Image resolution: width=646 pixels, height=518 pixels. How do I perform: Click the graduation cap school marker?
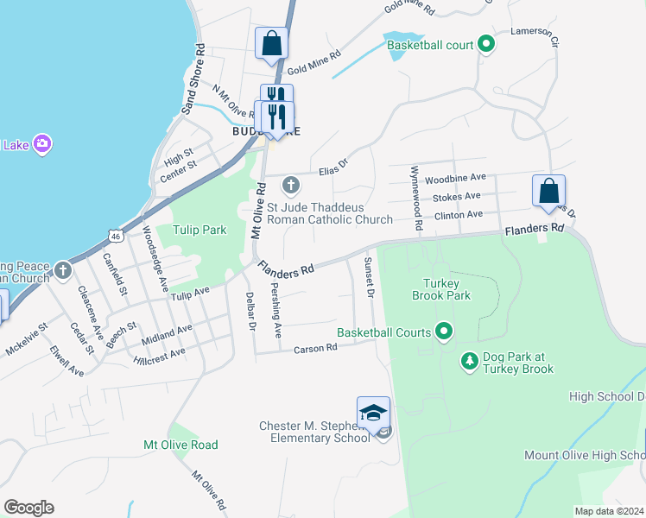pos(373,414)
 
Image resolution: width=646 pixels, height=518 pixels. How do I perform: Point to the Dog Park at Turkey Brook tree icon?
pos(469,359)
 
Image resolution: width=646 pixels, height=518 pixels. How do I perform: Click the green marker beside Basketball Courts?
pos(445,332)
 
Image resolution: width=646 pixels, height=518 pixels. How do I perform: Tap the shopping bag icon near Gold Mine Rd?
pos(271,43)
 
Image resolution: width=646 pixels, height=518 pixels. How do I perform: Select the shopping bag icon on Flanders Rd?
pos(548,191)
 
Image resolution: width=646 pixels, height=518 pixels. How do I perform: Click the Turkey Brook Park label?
pos(446,288)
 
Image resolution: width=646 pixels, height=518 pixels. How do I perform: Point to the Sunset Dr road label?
pos(369,277)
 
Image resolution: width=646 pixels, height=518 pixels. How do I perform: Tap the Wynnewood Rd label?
pos(416,197)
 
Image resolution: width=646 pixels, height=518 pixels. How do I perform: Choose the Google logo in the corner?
pos(28,507)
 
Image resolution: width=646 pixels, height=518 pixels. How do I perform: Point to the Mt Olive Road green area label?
pos(180,445)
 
